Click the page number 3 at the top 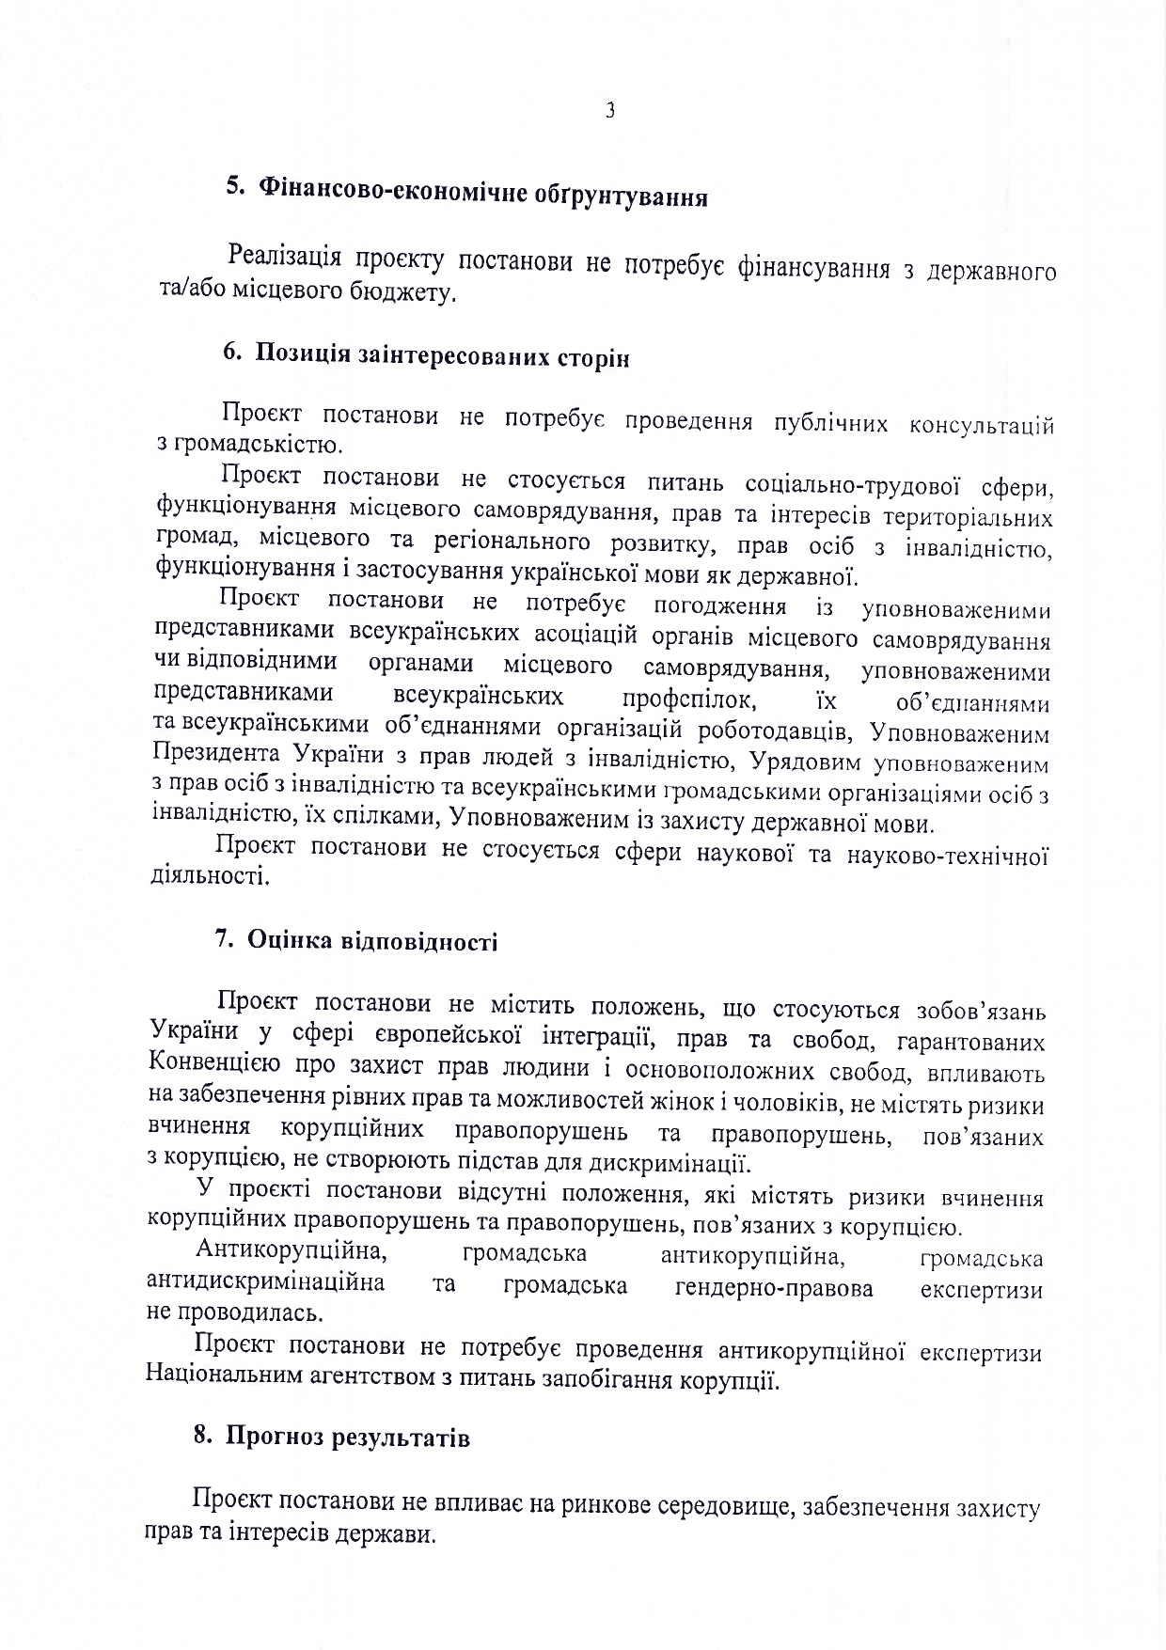tap(609, 111)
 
